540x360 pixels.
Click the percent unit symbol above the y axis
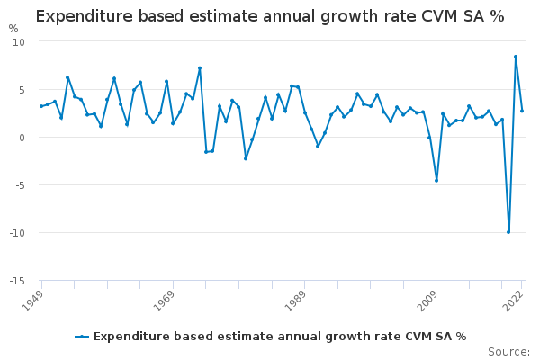point(13,29)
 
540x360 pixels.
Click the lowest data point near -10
point(508,232)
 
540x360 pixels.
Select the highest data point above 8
point(516,57)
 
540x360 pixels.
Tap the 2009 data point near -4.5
point(436,181)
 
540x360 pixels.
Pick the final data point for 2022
point(522,111)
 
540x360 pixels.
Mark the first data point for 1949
point(40,106)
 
